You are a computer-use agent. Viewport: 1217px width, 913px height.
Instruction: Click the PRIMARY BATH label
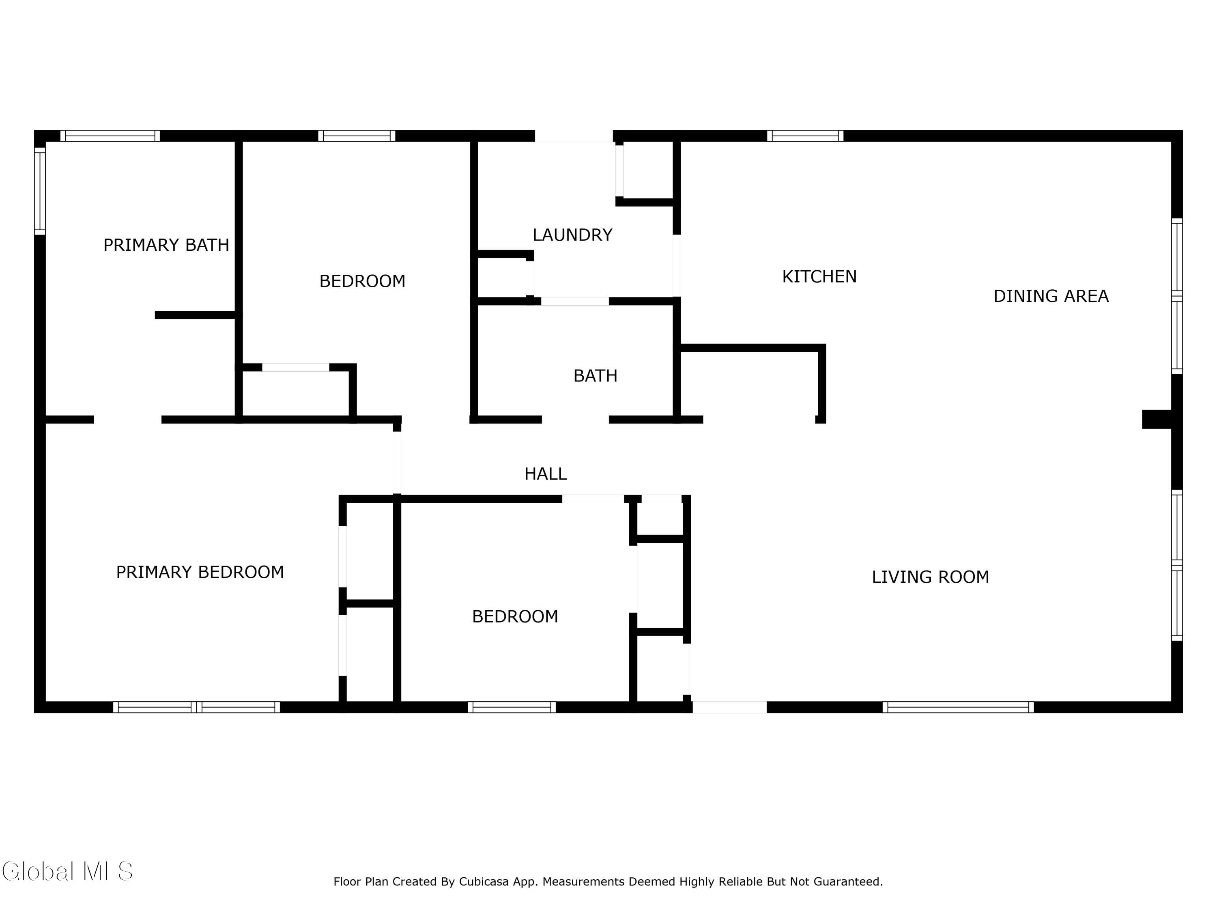[166, 245]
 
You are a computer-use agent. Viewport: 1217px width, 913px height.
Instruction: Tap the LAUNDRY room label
[572, 235]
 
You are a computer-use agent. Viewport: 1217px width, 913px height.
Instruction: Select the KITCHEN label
[819, 276]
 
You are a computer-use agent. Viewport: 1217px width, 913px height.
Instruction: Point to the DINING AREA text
[1051, 296]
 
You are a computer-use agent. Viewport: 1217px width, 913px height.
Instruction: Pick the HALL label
[545, 474]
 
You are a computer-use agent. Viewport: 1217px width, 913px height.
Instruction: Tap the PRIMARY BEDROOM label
[200, 572]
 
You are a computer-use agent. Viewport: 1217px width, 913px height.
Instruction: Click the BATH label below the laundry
[595, 376]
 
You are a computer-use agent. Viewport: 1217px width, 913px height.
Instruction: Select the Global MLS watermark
[67, 871]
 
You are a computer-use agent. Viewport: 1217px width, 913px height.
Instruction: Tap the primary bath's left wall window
[40, 190]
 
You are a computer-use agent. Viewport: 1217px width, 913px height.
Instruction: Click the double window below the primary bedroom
[196, 707]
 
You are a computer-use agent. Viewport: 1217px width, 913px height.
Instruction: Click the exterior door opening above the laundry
[574, 136]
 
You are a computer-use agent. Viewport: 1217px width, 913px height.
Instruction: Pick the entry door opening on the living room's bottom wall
[729, 707]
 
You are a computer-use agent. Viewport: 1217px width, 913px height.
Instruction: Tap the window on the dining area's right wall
[1177, 296]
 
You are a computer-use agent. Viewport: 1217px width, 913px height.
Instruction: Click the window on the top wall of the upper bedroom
[357, 136]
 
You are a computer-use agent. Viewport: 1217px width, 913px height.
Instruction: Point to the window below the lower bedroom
[512, 707]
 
